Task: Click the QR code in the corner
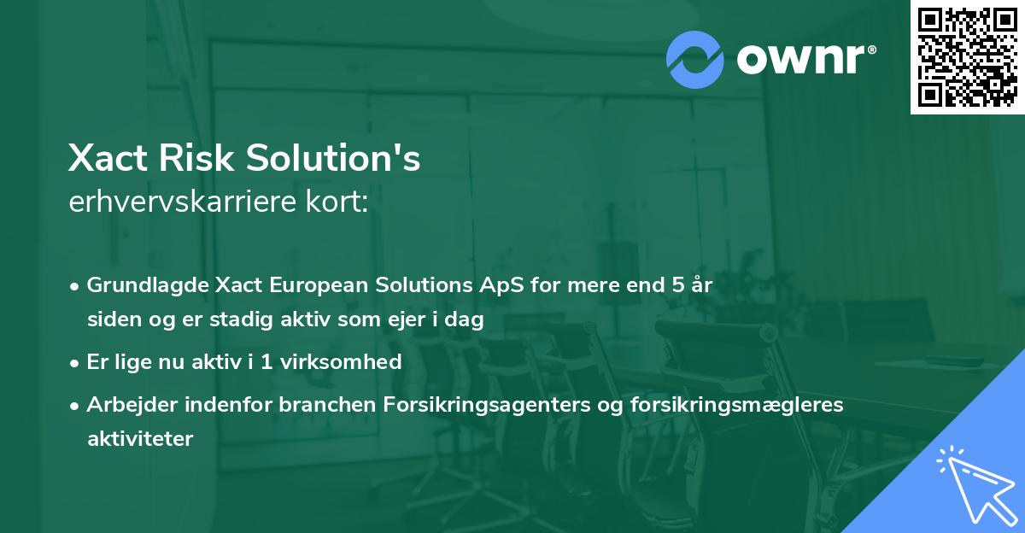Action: pyautogui.click(x=968, y=57)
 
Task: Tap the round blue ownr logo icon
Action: pyautogui.click(x=694, y=59)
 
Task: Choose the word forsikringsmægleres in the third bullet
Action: pyautogui.click(x=737, y=405)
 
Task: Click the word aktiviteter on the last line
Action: pyautogui.click(x=140, y=439)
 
